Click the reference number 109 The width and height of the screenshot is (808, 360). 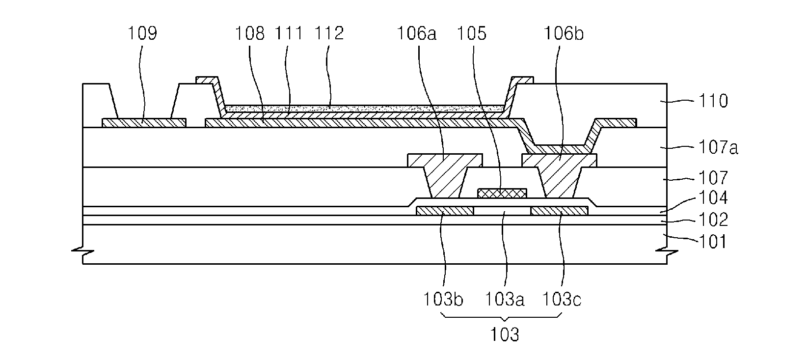[142, 33]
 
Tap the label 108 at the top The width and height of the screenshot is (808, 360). [249, 33]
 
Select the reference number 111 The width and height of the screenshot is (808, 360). [289, 33]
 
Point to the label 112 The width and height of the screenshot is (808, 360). [329, 33]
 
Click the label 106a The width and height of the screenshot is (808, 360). [417, 33]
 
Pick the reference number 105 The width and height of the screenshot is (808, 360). [472, 33]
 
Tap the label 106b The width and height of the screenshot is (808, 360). [564, 33]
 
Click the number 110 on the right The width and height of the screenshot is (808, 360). [713, 101]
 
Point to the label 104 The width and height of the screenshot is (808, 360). [713, 197]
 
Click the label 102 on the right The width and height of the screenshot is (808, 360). [713, 220]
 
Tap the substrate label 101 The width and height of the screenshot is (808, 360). [713, 242]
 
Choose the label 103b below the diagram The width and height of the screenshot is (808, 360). [443, 300]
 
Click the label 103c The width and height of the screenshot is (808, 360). [562, 300]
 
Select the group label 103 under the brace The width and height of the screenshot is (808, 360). [505, 335]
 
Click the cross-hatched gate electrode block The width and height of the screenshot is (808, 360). [502, 194]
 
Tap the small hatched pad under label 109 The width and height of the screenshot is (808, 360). [144, 123]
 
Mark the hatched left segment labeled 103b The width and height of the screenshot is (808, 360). [445, 211]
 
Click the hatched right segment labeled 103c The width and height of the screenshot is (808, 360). [560, 211]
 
